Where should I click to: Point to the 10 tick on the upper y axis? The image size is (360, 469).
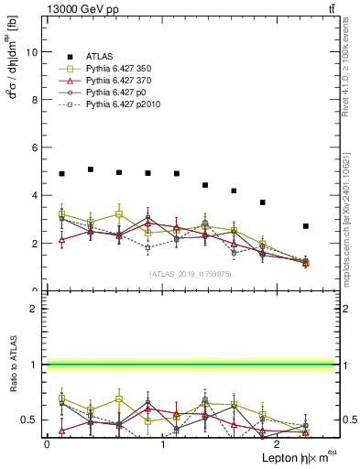click(x=34, y=52)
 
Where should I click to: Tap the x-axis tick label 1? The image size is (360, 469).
click(x=163, y=443)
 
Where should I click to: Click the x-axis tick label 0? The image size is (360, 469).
click(x=47, y=443)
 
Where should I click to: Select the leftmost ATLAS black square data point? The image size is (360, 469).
click(x=61, y=174)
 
